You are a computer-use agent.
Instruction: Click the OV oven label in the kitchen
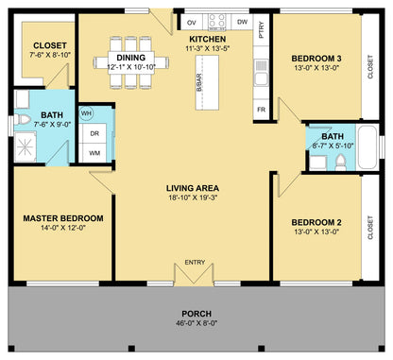click(192, 23)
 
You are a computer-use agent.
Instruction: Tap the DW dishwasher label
click(242, 22)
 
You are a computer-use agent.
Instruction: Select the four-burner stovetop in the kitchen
click(217, 22)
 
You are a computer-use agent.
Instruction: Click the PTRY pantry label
click(261, 30)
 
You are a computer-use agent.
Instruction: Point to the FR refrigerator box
click(261, 110)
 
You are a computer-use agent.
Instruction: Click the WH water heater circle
click(86, 112)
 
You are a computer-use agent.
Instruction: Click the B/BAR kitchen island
click(207, 82)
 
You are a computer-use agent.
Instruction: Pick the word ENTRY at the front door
click(195, 262)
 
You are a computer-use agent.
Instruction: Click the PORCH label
click(196, 314)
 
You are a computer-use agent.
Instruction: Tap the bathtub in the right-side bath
click(367, 147)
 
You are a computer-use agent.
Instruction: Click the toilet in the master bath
click(22, 119)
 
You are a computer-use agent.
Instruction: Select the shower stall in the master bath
click(26, 147)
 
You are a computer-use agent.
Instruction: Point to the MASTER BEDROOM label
click(63, 218)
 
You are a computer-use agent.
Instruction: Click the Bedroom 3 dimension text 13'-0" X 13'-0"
click(316, 68)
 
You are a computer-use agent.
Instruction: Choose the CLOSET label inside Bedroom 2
click(370, 228)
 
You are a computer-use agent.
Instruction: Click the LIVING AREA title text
click(193, 188)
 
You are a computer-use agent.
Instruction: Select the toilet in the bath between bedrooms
click(340, 163)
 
